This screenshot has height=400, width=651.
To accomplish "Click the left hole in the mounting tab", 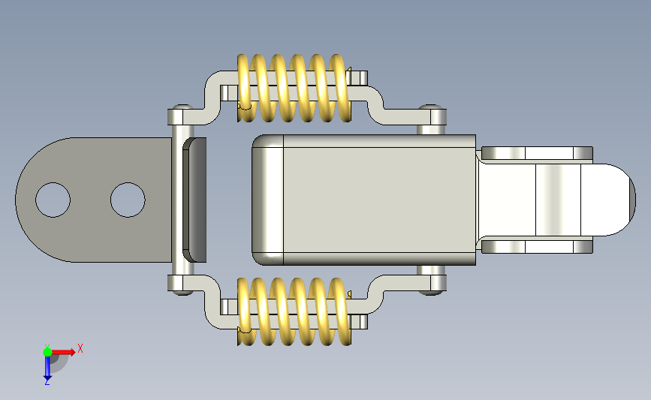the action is click(x=53, y=200).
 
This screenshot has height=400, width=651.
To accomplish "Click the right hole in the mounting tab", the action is click(x=128, y=200).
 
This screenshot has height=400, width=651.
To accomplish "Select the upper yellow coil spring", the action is click(x=294, y=88).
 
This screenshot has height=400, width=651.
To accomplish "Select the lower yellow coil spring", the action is click(x=294, y=311).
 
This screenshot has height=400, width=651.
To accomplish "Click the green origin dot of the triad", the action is click(x=47, y=352).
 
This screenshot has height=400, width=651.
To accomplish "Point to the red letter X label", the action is click(x=80, y=348).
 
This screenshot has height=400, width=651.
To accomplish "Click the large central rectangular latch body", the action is click(x=363, y=200).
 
